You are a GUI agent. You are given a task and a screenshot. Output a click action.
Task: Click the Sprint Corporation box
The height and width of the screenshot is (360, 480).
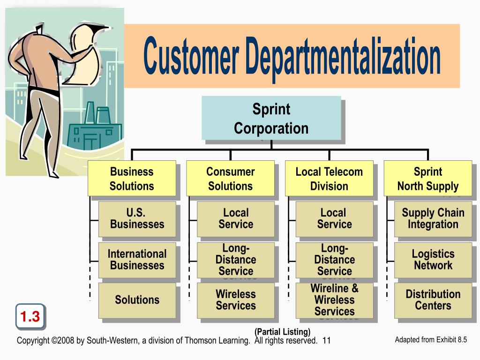click(x=271, y=119)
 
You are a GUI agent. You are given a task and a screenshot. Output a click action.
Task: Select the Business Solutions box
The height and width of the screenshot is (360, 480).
click(x=132, y=179)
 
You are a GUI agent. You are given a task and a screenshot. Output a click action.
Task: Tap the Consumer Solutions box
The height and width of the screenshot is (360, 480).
click(x=230, y=179)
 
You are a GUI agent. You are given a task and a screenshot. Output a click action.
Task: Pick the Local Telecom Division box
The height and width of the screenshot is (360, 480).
click(x=329, y=179)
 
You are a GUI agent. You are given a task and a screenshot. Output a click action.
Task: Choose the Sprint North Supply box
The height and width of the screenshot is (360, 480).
click(x=427, y=179)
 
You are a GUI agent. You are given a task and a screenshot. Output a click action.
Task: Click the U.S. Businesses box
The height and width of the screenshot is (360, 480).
click(x=137, y=218)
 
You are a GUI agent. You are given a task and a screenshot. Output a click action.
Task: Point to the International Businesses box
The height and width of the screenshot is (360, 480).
click(x=137, y=259)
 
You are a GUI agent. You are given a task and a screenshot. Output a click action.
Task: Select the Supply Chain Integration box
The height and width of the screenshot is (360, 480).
click(x=433, y=218)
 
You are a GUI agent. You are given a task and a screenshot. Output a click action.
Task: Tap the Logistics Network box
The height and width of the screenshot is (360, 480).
click(x=433, y=259)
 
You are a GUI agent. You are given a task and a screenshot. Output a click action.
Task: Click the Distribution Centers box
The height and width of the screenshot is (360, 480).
click(x=433, y=300)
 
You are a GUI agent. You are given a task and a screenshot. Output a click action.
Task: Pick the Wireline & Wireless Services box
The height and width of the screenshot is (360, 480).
click(x=334, y=300)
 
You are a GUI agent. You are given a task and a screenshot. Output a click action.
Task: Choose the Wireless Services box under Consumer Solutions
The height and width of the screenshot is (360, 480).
click(x=235, y=300)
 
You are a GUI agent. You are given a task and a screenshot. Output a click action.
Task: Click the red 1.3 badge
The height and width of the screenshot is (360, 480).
click(x=30, y=317)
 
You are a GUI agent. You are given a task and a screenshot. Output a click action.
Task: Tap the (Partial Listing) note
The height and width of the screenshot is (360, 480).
click(x=283, y=332)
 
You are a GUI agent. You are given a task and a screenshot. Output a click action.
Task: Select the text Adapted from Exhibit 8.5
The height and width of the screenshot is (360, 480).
click(x=431, y=340)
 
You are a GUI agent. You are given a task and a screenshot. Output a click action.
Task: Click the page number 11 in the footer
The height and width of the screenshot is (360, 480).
click(x=327, y=341)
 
